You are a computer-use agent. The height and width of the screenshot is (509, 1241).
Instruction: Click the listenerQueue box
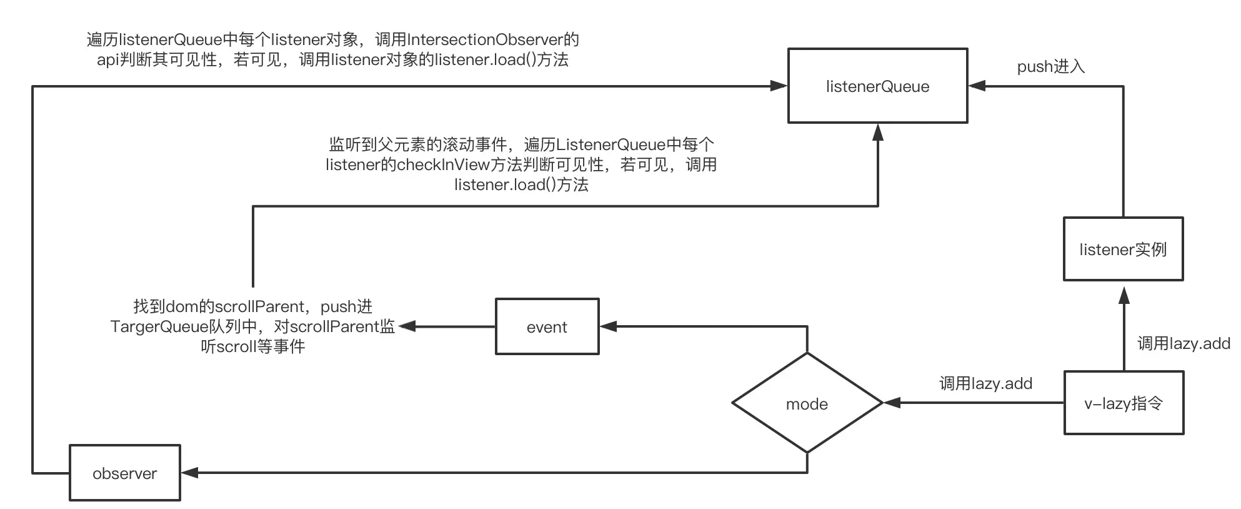(x=877, y=86)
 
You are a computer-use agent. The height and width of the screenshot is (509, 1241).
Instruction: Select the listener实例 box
(x=1123, y=249)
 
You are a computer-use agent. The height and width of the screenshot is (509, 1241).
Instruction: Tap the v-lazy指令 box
(x=1124, y=403)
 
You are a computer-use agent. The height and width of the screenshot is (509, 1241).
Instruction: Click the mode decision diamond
(x=807, y=403)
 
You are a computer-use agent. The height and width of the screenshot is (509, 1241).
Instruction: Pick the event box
(x=547, y=326)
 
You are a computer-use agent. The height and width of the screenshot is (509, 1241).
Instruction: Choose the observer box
(x=124, y=473)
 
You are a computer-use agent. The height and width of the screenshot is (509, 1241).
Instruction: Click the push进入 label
(x=1050, y=66)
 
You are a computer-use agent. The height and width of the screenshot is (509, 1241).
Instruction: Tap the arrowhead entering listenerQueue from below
(x=877, y=131)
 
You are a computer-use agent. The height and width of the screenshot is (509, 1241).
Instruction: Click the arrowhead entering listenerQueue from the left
(x=779, y=86)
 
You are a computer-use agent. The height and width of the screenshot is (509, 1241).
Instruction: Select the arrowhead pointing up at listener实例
(x=1124, y=295)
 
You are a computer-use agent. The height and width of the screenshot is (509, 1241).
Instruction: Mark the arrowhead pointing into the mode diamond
(x=891, y=403)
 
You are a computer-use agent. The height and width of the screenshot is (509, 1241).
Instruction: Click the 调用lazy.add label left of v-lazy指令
(x=985, y=383)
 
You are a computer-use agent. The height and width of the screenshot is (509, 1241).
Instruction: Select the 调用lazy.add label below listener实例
(x=1183, y=343)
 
